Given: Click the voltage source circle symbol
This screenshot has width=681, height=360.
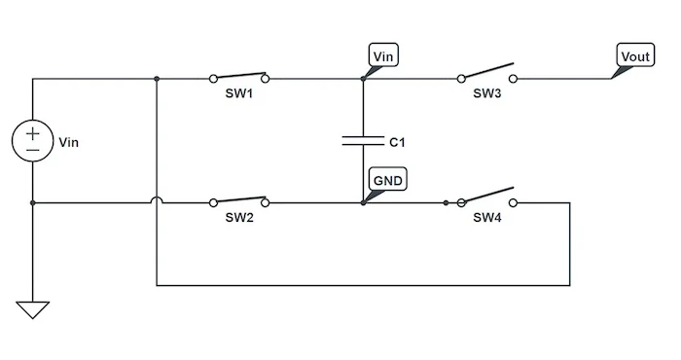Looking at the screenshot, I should pos(32,142).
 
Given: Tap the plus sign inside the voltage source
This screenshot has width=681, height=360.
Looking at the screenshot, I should pos(32,133).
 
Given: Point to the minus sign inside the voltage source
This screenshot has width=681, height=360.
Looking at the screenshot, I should pos(32,151).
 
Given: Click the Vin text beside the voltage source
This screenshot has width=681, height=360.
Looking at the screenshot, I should pos(68,142).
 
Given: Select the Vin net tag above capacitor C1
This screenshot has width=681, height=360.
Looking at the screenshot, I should pos(383,56).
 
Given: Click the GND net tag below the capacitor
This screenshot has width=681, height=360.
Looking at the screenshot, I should pos(386,180).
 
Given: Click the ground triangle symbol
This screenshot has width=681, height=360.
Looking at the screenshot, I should pos(32,309).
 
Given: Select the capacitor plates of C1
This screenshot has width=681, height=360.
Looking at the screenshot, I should pos(362,141).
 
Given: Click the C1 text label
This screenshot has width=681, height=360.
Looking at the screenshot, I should pos(396,142).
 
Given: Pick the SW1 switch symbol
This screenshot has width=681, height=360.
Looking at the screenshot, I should pos(238,77).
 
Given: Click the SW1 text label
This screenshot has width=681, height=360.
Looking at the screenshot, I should pos(238,94).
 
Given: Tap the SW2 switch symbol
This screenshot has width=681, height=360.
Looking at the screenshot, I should pos(238,200).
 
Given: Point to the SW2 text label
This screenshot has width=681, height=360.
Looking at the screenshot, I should pos(238,218).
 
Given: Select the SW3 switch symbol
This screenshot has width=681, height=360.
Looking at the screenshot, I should pos(486,75).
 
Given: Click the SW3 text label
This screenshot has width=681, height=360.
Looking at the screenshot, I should pos(486,94).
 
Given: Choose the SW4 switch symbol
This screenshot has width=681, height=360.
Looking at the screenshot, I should pos(486,198).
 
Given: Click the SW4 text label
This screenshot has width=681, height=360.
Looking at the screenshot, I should pos(486,218).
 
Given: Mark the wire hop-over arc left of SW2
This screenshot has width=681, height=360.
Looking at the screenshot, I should pos(157,200).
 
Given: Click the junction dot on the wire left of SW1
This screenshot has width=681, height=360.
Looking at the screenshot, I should pos(157,79).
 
